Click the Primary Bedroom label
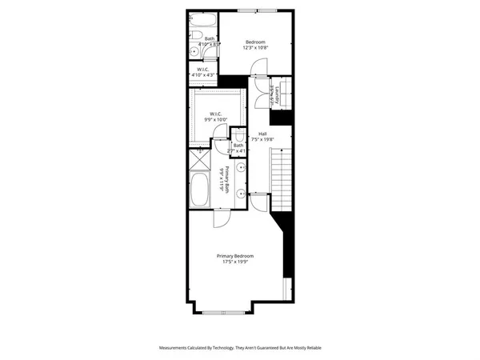(239, 255)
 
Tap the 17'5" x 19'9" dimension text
(239, 261)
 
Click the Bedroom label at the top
(255, 42)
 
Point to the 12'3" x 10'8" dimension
(255, 47)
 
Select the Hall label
(262, 134)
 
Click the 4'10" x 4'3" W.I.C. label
(203, 72)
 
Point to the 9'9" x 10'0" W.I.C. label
(215, 117)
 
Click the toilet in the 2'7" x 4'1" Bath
(239, 136)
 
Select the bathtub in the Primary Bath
(201, 191)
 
